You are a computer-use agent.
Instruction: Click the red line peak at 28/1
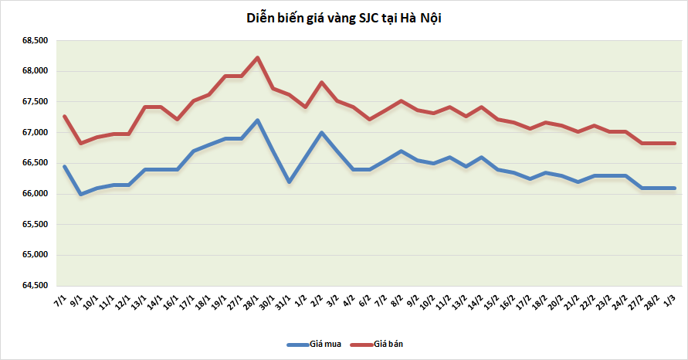257,57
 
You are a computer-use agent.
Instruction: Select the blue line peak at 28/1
257,120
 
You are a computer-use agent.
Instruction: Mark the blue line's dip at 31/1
289,182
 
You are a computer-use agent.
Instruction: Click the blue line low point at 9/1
80,194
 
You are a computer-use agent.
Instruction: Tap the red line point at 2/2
321,83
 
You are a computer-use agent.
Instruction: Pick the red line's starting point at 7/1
65,117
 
